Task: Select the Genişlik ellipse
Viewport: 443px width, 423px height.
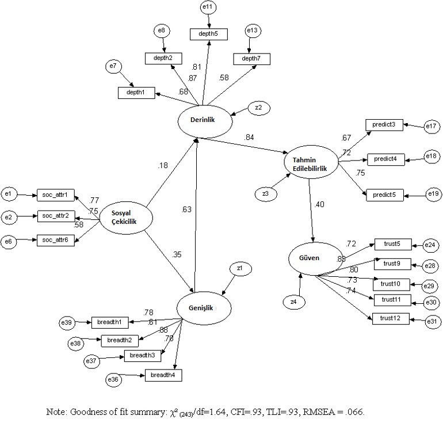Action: point(204,307)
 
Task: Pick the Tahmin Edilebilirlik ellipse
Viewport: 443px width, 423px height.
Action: point(311,163)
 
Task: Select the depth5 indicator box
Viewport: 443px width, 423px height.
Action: point(209,35)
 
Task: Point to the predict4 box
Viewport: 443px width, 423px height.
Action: point(384,159)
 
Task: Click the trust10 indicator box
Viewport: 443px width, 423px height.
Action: point(391,284)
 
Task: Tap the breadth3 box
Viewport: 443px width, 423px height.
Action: point(142,356)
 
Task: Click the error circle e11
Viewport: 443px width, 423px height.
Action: point(208,7)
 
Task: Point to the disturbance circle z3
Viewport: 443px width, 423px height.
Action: point(265,194)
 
